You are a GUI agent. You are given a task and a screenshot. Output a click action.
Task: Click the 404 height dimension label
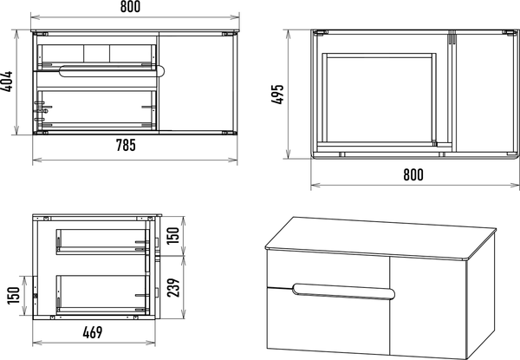pyautogui.click(x=7, y=82)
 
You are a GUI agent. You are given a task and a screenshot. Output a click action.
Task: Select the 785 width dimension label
pyautogui.click(x=126, y=145)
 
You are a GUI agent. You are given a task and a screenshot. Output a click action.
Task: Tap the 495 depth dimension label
pyautogui.click(x=278, y=95)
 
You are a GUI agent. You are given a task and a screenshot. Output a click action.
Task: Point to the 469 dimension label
pyautogui.click(x=93, y=332)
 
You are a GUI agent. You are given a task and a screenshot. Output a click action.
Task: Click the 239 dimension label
pyautogui.click(x=173, y=287)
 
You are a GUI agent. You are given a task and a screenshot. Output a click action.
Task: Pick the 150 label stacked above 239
pyautogui.click(x=172, y=235)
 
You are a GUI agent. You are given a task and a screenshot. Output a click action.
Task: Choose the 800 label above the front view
pyautogui.click(x=130, y=7)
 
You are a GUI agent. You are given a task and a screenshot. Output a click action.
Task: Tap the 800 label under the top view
pyautogui.click(x=413, y=174)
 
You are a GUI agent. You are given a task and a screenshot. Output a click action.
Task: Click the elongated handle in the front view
pyautogui.click(x=112, y=71)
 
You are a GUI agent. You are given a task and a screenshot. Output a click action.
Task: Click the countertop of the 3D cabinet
pyautogui.click(x=380, y=237)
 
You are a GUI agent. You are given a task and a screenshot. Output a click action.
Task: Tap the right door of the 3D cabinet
pyautogui.click(x=428, y=307)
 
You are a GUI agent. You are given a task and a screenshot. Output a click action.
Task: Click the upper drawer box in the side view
pyautogui.click(x=101, y=241)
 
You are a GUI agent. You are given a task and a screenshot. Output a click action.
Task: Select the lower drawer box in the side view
pyautogui.click(x=101, y=294)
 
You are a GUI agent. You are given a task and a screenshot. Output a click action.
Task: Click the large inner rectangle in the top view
pyautogui.click(x=378, y=99)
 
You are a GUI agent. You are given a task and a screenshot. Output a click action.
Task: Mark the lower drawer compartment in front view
pyautogui.click(x=96, y=109)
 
